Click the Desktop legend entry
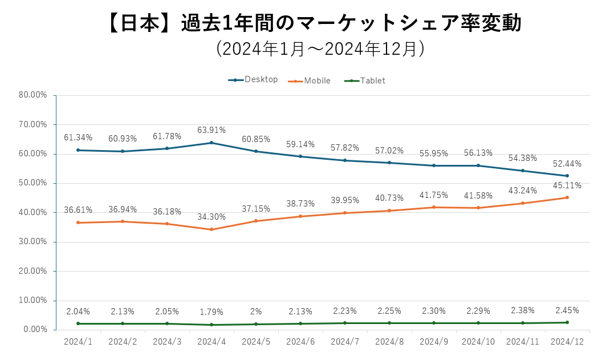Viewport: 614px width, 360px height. point(254,80)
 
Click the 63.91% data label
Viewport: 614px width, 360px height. point(212,130)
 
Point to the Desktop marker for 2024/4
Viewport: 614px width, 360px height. point(212,143)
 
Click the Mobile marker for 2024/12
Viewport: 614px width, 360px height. point(567,197)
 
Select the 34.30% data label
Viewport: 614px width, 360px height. point(212,217)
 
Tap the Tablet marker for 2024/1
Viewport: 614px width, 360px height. point(78,323)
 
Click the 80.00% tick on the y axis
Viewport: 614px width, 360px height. point(32,95)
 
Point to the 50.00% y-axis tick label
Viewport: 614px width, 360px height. point(32,183)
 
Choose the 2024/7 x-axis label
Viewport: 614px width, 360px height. point(345,341)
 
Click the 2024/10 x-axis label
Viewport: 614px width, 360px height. point(478,341)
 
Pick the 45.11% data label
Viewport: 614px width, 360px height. point(567,185)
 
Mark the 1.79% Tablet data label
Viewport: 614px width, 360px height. point(212,312)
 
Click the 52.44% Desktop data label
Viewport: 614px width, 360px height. point(567,164)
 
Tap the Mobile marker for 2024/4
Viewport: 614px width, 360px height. point(212,229)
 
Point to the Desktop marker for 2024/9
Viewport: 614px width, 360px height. point(434,165)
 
